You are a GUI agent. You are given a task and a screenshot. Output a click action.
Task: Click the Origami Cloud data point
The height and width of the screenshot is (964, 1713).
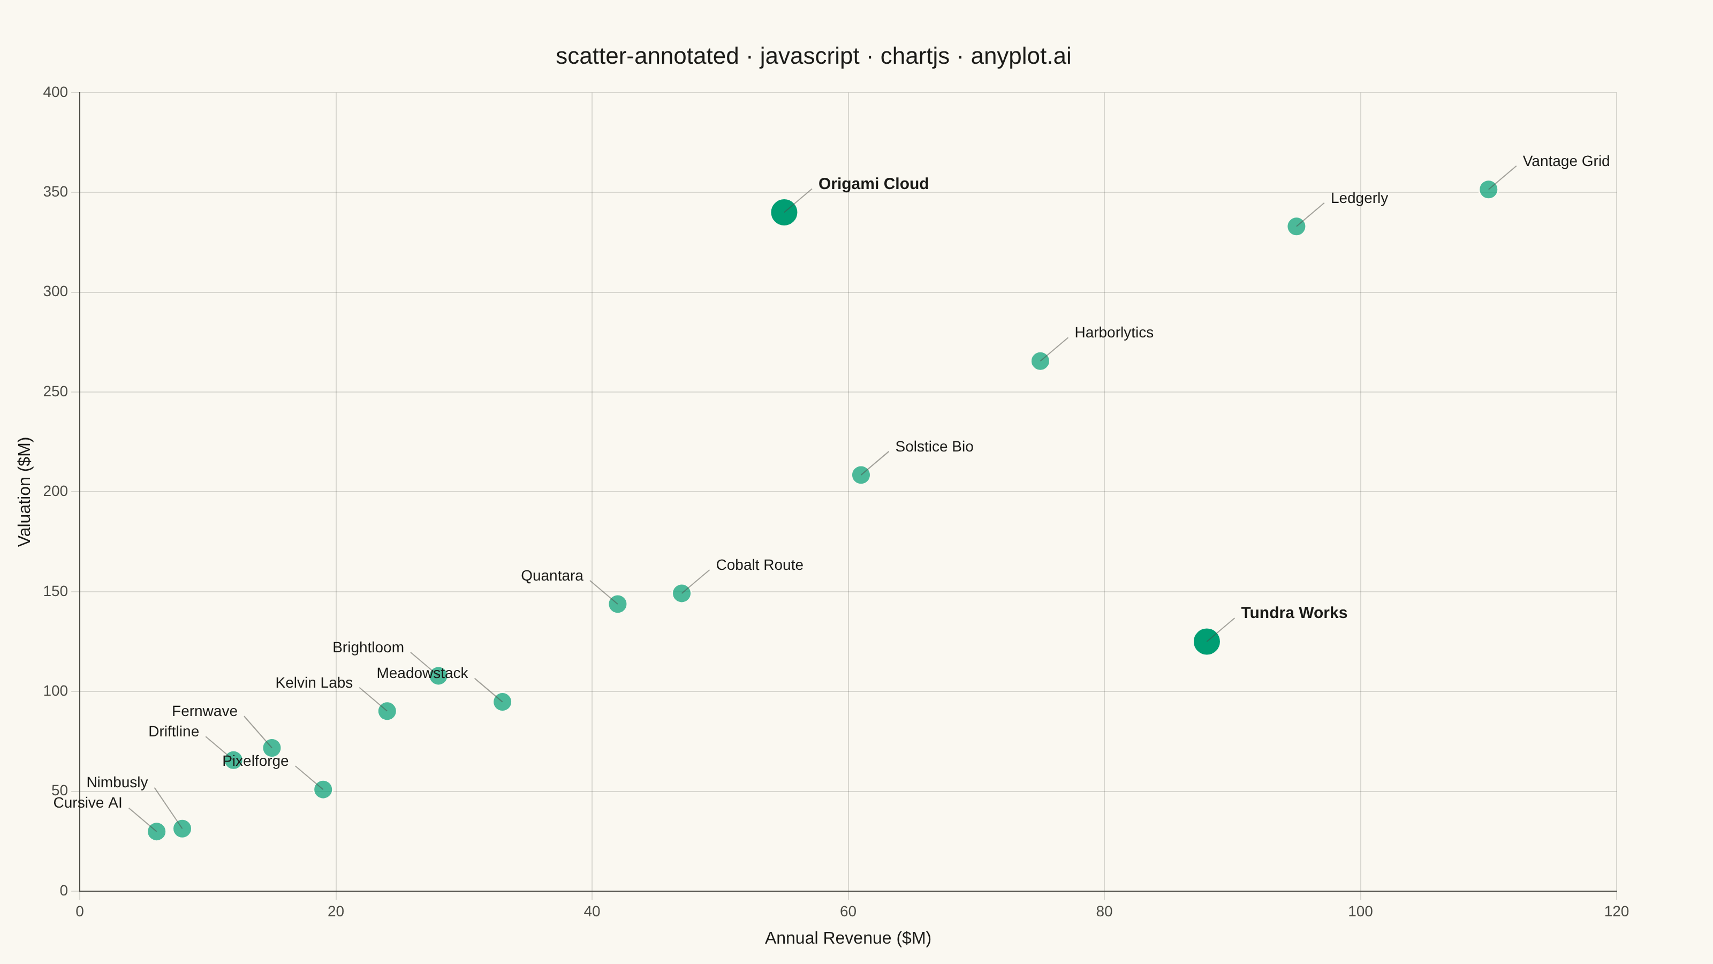tap(784, 212)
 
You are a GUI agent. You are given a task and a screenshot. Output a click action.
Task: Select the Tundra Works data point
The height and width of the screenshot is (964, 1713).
tap(1206, 642)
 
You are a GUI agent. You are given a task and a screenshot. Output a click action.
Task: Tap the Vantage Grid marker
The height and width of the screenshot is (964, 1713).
tap(1488, 190)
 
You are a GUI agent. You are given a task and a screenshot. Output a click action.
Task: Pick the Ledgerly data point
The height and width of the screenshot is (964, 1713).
tap(1296, 226)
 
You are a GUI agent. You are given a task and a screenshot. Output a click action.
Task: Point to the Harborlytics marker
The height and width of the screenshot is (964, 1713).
tap(1040, 360)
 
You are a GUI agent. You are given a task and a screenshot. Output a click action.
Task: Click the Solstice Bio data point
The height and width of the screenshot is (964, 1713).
tap(860, 475)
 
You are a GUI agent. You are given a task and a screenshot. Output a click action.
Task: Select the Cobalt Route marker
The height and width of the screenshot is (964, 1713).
tap(681, 593)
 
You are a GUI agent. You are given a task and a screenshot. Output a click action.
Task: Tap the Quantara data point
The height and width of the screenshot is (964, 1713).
tap(617, 604)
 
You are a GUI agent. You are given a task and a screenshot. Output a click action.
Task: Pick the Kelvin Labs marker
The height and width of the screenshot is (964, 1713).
tap(387, 711)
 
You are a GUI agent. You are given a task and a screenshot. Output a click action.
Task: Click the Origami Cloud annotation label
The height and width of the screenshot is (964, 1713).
tap(873, 184)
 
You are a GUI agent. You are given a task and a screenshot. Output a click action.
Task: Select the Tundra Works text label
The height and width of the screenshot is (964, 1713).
tap(1293, 613)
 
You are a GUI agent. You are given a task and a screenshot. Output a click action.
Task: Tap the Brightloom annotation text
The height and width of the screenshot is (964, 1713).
tap(368, 647)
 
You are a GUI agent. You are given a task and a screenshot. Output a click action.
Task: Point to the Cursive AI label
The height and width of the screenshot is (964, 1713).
tap(88, 803)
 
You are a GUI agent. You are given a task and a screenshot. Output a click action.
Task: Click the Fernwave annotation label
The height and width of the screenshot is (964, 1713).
tap(204, 711)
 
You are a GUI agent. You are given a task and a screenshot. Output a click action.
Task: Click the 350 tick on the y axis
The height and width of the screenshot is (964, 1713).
tap(55, 192)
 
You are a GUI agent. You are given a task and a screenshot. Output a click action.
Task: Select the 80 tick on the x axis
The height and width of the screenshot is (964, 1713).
tap(1104, 912)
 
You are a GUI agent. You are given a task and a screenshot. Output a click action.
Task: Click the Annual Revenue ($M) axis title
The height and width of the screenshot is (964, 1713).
tap(848, 938)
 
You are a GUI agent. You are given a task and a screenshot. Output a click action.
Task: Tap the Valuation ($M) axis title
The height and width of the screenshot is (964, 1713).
tap(25, 492)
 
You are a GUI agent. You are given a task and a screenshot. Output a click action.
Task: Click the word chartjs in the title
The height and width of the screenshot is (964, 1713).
tap(914, 56)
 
